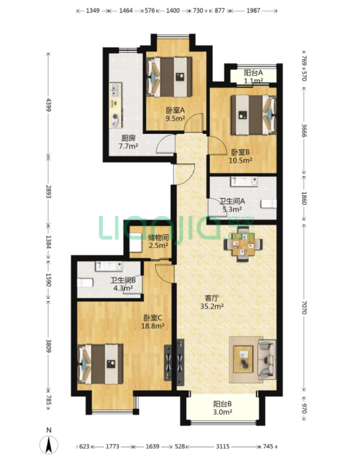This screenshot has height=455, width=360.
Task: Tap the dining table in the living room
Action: (243, 245)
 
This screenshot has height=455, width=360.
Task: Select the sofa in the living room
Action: (267, 360)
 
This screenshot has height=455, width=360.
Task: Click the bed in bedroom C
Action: (100, 364)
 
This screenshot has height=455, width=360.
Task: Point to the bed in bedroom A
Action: (169, 76)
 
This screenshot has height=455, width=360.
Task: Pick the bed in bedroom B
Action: (254, 115)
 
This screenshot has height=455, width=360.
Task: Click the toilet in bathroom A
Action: (268, 204)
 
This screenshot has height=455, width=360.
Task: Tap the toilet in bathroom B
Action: (85, 283)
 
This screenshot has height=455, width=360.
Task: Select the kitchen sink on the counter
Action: (116, 90)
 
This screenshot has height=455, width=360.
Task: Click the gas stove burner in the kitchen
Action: (116, 117)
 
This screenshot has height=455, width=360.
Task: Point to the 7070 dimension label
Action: (304, 307)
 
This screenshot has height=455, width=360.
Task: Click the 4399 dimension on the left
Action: (48, 105)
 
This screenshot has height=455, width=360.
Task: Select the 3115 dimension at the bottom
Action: (223, 446)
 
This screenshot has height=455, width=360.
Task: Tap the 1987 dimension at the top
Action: (253, 11)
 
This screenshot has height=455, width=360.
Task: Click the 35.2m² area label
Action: (212, 306)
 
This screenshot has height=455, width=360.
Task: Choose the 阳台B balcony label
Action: (223, 404)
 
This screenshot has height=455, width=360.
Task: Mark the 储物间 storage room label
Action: (158, 237)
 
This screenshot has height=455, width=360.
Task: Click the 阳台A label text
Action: (254, 72)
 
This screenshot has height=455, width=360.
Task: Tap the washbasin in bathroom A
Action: (244, 182)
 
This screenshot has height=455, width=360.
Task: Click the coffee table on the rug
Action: (243, 359)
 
